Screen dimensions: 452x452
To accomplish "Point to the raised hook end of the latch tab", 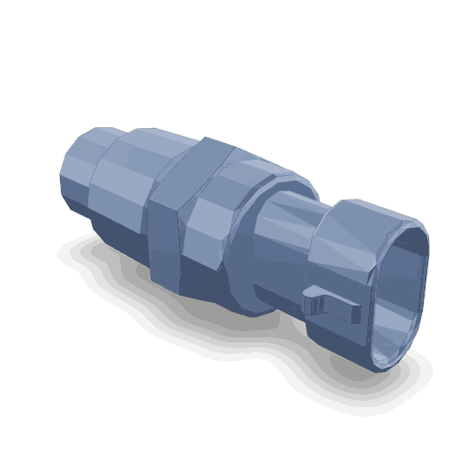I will [310, 300].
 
